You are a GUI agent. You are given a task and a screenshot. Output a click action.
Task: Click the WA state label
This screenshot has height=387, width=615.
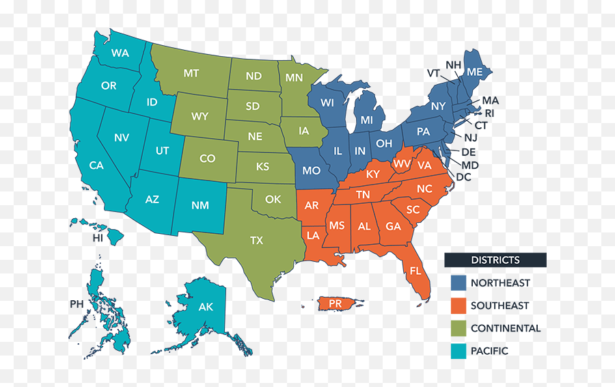120,53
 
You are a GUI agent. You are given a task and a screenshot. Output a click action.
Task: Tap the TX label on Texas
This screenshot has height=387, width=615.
256,240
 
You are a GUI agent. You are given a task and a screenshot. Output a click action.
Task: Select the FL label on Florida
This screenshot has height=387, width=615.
415,270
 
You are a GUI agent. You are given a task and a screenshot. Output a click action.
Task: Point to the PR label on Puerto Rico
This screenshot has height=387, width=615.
335,303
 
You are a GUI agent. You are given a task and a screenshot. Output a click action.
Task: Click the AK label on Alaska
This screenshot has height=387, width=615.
206,307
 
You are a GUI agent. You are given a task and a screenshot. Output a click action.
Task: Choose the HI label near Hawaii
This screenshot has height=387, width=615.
98,238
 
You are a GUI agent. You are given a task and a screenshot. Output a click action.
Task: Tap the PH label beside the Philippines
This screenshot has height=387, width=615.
76,304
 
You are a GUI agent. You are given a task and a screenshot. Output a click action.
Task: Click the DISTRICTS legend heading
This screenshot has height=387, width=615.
495,260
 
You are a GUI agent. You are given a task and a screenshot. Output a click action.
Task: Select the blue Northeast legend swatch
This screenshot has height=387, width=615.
458,282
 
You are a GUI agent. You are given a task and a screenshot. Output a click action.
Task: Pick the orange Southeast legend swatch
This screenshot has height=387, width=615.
458,305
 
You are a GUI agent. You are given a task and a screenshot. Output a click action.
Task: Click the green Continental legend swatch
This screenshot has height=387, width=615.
458,328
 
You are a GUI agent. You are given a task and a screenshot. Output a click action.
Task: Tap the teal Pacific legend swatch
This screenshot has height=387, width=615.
458,351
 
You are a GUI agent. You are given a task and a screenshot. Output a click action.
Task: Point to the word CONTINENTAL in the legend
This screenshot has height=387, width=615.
505,328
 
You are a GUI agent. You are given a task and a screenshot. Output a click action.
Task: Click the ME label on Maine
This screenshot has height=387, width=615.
474,71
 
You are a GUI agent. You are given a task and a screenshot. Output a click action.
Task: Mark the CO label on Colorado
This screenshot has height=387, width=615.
207,159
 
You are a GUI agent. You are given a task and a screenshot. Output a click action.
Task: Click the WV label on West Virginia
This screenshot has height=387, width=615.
400,164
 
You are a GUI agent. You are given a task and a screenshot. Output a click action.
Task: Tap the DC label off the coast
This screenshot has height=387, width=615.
463,177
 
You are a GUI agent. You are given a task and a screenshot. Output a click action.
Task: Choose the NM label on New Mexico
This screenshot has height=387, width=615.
201,205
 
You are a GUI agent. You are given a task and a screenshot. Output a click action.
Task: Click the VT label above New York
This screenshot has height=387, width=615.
433,73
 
